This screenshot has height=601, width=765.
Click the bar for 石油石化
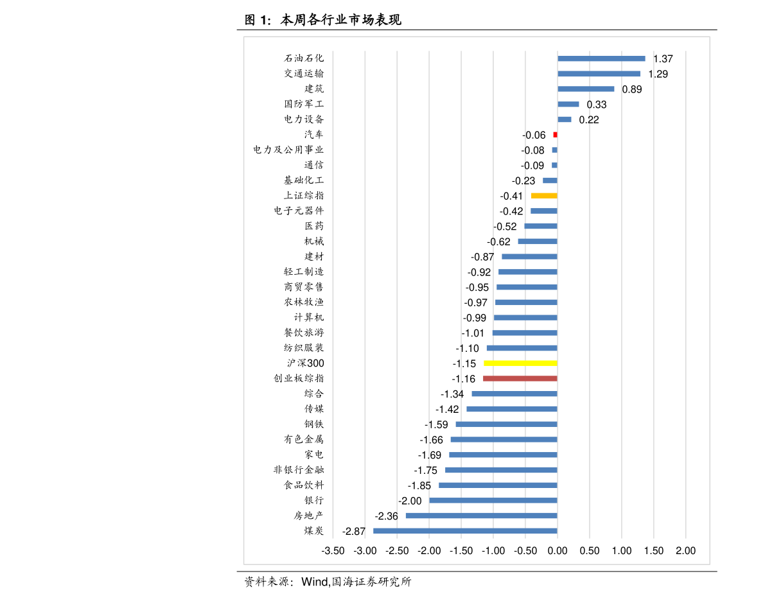[x=601, y=58]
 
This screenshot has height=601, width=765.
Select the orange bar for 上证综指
[x=544, y=196]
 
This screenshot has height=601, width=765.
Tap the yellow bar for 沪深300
[x=520, y=363]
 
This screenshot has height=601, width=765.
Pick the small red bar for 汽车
[x=555, y=135]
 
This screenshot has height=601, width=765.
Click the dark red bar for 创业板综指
[x=520, y=379]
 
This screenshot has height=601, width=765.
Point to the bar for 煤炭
[x=465, y=531]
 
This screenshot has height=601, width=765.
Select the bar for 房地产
[x=481, y=516]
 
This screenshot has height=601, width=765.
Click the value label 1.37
[x=663, y=59]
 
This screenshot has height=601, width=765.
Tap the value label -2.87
[x=354, y=532]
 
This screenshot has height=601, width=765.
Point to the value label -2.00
[x=410, y=501]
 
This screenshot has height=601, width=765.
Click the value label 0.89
[x=632, y=89]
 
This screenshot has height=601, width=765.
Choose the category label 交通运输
[x=304, y=74]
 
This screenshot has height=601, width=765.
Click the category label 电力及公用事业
[x=288, y=150]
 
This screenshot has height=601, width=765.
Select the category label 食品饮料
[x=304, y=485]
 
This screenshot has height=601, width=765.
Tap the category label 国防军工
[x=304, y=104]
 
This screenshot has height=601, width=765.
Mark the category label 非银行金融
[x=299, y=470]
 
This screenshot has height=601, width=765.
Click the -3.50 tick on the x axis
[x=333, y=551]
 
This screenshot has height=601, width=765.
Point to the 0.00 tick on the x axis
[x=558, y=551]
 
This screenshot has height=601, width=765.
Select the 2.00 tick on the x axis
[x=685, y=551]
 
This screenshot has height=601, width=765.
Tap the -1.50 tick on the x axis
[x=461, y=551]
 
